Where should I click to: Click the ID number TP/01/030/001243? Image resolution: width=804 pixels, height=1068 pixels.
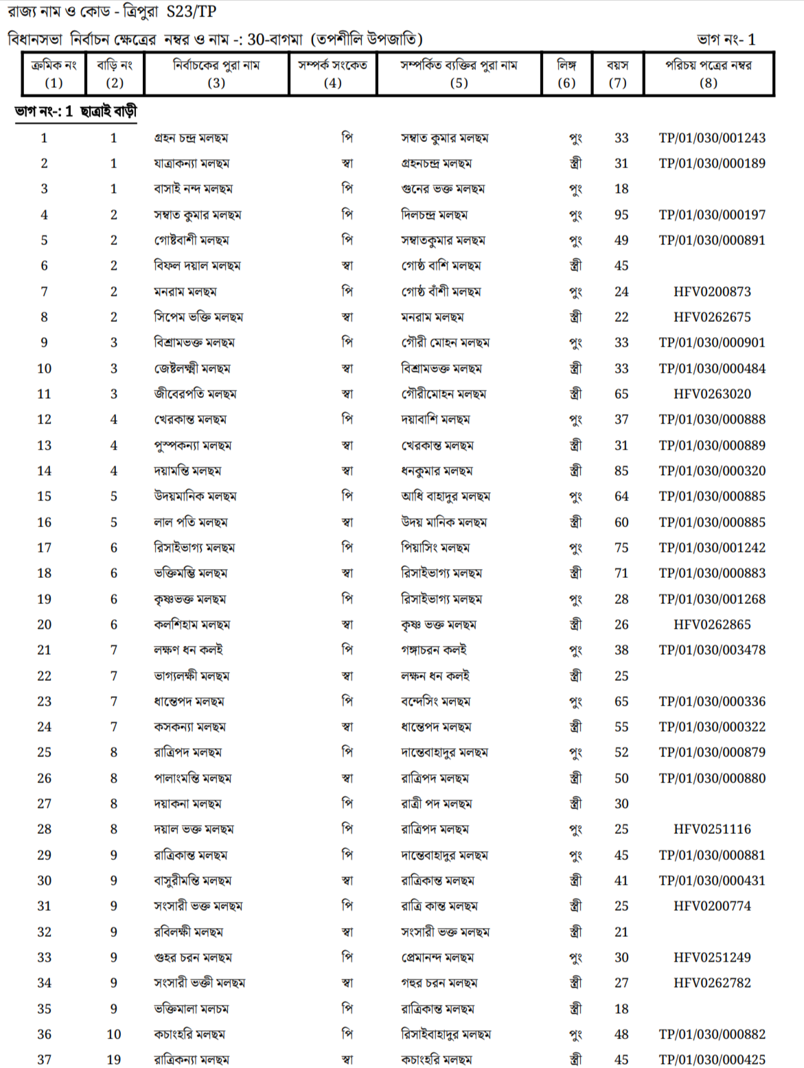coord(712,138)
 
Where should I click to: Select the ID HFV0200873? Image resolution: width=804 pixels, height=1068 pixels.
coord(712,292)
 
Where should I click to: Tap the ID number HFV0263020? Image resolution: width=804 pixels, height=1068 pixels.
coord(712,394)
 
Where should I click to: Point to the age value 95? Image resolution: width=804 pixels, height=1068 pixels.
coord(621,215)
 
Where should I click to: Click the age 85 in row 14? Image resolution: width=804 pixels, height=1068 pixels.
coord(621,471)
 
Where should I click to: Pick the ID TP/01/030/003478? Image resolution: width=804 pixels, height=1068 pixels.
coord(712,650)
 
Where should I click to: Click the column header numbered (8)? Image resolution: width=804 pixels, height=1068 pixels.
coord(708,83)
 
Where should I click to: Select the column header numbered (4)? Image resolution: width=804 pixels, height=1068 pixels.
coord(332,83)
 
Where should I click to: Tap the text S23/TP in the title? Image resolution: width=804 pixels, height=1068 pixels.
coord(192,12)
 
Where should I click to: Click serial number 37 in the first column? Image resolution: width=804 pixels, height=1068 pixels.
coord(44,1060)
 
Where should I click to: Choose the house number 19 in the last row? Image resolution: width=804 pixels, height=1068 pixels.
coord(114,1060)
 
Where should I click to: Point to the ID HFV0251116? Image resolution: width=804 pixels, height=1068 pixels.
coord(712,829)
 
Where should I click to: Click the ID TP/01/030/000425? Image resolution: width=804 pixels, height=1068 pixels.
coord(712,1060)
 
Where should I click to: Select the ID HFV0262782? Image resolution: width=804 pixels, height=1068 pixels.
coord(712,983)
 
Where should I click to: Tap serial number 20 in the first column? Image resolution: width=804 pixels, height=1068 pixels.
coord(44,625)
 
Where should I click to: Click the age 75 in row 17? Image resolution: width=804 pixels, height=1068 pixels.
coord(621,548)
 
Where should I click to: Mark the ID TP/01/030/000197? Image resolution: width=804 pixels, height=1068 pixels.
coord(712,215)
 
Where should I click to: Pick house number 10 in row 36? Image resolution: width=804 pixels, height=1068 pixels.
coord(114,1034)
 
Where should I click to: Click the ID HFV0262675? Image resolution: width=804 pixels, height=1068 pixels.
coord(712,317)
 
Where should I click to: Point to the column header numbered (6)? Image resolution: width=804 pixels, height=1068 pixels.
coord(566,83)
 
